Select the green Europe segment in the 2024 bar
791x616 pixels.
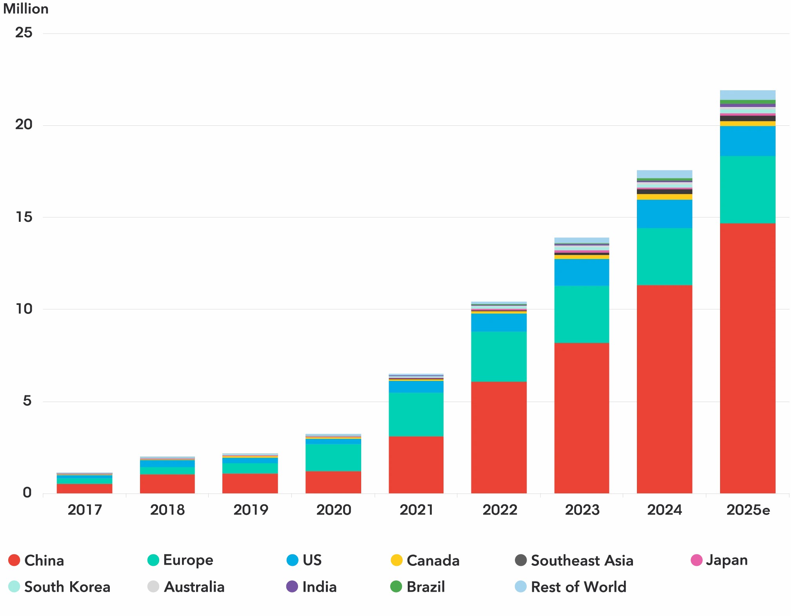[664, 256]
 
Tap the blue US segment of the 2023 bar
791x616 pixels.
[581, 272]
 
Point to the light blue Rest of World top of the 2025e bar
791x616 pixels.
[747, 95]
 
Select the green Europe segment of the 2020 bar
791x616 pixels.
[333, 457]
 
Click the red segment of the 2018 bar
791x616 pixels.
[167, 484]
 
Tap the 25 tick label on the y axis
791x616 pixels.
[24, 33]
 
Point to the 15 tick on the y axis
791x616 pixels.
[24, 217]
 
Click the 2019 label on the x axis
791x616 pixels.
[250, 510]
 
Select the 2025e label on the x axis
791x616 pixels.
[747, 510]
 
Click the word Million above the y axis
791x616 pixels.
[26, 9]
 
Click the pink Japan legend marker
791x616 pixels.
[696, 560]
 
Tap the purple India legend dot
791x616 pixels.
[292, 587]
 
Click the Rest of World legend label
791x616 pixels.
[578, 587]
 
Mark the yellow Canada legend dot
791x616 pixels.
[396, 560]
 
